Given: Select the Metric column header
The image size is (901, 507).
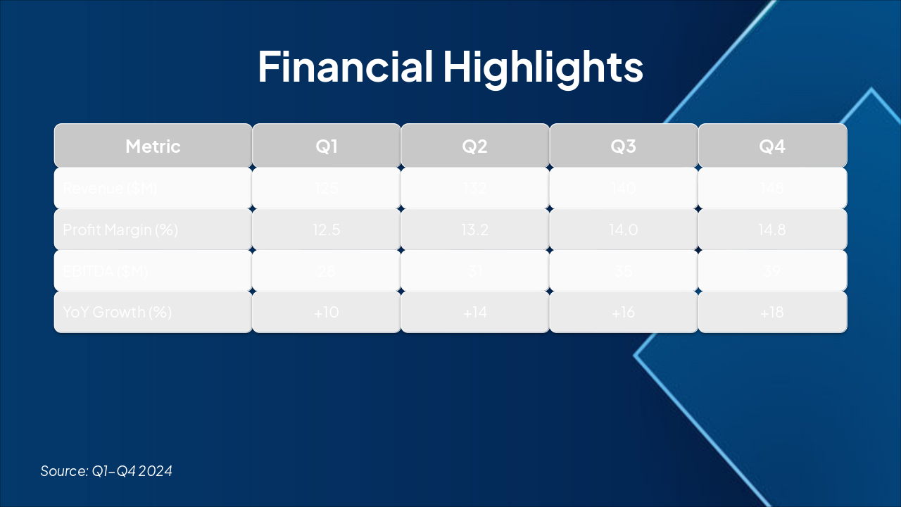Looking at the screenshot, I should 153,146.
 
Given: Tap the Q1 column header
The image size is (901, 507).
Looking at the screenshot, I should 327,146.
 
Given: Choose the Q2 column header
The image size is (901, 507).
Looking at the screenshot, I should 475,146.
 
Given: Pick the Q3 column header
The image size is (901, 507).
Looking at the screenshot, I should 624,146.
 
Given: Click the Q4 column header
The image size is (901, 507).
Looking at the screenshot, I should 772,146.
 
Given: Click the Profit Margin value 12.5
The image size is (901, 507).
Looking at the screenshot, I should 327,230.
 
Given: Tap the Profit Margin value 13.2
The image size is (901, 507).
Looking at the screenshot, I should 475,230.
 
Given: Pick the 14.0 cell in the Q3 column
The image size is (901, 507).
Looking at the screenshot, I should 624,230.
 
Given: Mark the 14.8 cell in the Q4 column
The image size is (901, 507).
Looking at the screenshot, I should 772,230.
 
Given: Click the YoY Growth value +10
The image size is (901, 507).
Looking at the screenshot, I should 327,312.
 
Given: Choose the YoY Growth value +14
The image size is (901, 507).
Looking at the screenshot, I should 475,312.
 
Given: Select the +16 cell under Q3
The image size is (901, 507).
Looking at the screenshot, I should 624,312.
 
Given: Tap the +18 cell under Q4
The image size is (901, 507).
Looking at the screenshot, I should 772,312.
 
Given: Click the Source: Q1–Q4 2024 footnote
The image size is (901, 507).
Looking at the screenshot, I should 106,471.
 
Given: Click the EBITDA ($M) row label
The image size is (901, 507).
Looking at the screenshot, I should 105,271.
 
